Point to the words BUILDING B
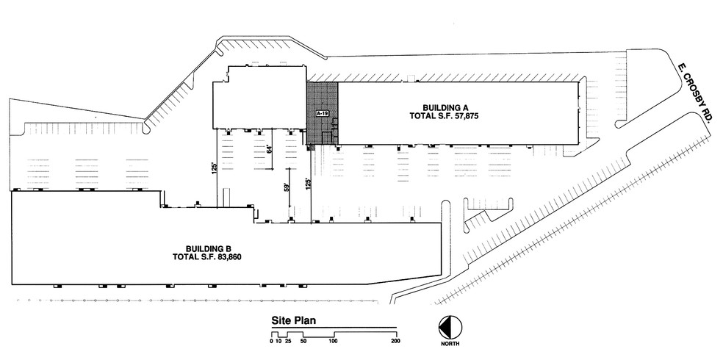point(209,248)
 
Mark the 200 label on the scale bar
point(396,342)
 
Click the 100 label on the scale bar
point(334,342)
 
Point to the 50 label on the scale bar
point(303,342)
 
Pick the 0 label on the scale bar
point(271,342)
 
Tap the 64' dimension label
point(270,149)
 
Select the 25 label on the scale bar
point(288,342)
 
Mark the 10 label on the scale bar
point(278,342)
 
